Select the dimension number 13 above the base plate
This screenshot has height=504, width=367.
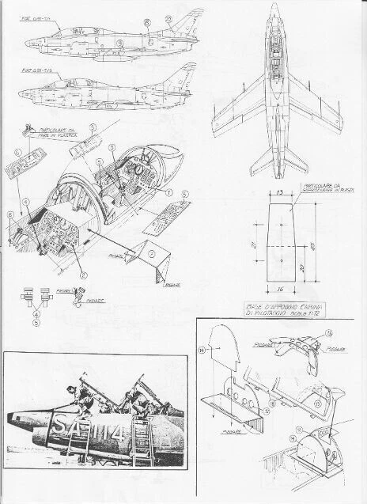(278, 191)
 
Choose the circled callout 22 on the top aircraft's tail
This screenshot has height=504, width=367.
(168, 17)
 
